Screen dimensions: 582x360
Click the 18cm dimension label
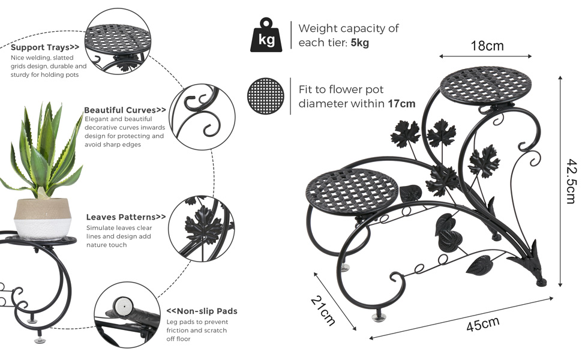point(487,46)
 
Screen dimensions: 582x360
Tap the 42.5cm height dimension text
point(572,181)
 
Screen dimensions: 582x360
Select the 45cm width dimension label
point(482,324)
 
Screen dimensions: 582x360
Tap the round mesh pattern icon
point(265,96)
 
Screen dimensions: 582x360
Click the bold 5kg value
point(359,43)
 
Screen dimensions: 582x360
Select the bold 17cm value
point(401,104)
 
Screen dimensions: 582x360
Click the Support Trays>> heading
point(45,47)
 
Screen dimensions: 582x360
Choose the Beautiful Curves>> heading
point(125,110)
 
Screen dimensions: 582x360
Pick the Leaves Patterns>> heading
point(126,217)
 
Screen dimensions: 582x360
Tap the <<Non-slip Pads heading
point(202,311)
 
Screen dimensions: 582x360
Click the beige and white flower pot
point(43,219)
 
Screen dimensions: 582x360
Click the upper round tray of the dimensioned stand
point(486,86)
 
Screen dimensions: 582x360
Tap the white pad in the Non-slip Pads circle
point(122,306)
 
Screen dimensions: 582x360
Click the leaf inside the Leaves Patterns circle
point(204,224)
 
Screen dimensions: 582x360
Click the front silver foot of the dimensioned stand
point(379,317)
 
